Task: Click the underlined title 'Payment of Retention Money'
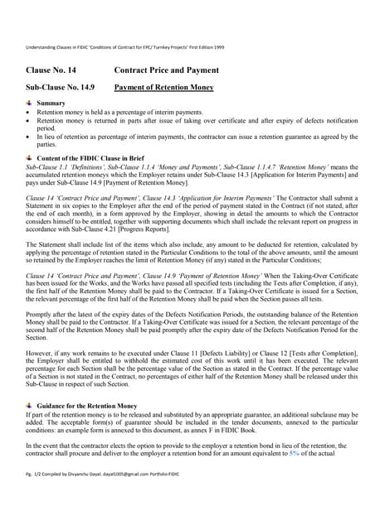(x=163, y=87)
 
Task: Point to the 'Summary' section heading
(x=51, y=103)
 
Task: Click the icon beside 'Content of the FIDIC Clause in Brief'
(x=30, y=156)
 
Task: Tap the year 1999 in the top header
(x=218, y=48)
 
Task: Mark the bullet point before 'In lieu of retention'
(x=30, y=137)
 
